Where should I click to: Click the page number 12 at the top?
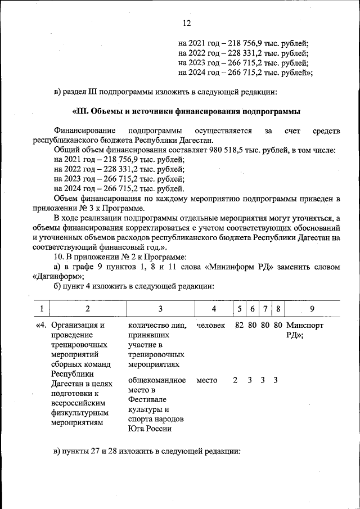[x=187, y=23]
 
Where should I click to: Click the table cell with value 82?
[x=240, y=325]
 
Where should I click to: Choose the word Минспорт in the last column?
[x=305, y=325]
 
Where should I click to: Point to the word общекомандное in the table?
[x=157, y=380]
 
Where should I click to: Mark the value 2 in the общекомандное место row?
[x=235, y=380]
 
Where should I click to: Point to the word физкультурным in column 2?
[x=76, y=412]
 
